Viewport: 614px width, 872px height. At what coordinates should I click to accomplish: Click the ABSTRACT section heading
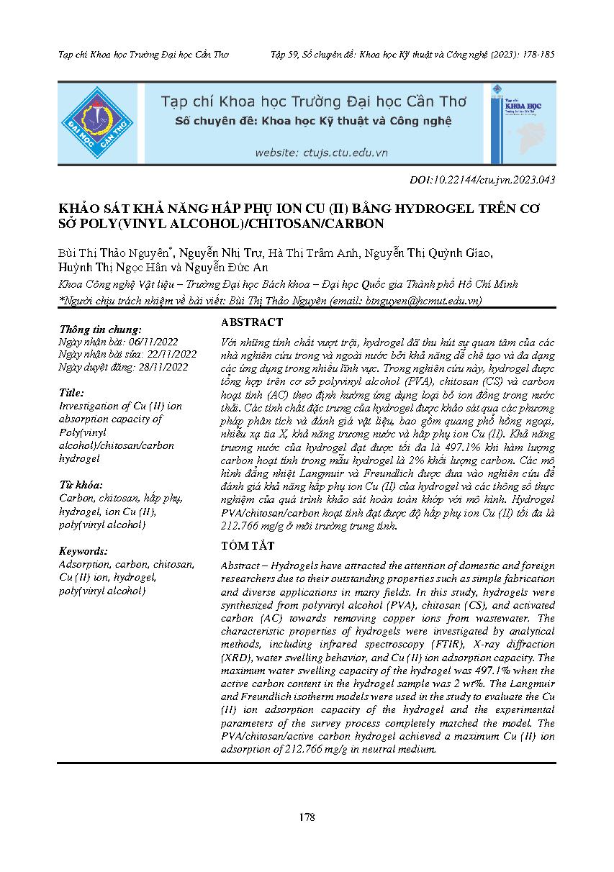click(x=252, y=323)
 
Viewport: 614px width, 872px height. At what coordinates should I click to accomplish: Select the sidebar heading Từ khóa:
click(x=81, y=485)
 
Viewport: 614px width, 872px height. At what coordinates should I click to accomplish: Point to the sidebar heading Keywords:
click(x=84, y=551)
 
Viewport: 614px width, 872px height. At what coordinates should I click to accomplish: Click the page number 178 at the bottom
click(x=307, y=817)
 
